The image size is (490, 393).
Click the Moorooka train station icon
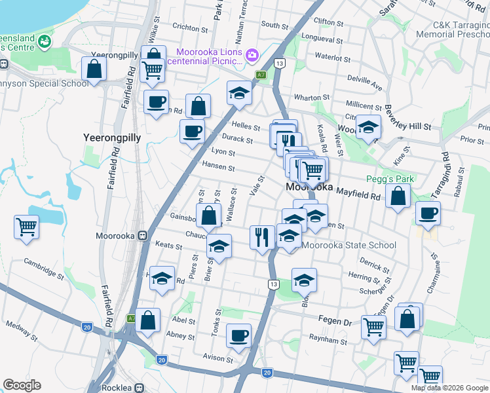pyautogui.click(x=141, y=236)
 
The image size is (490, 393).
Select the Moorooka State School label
pyautogui.click(x=349, y=246)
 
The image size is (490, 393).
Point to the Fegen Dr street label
pyautogui.click(x=339, y=322)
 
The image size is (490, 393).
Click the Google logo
pyautogui.click(x=22, y=385)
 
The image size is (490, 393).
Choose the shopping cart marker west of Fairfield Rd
pyautogui.click(x=27, y=227)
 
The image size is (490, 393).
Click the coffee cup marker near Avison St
pyautogui.click(x=238, y=335)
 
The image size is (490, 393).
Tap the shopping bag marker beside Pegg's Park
pyautogui.click(x=398, y=195)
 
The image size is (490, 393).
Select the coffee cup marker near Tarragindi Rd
pyautogui.click(x=428, y=213)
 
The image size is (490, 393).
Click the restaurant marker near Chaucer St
pyautogui.click(x=262, y=237)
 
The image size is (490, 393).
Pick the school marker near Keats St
pyautogui.click(x=219, y=247)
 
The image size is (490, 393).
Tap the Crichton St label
pyautogui.click(x=190, y=28)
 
